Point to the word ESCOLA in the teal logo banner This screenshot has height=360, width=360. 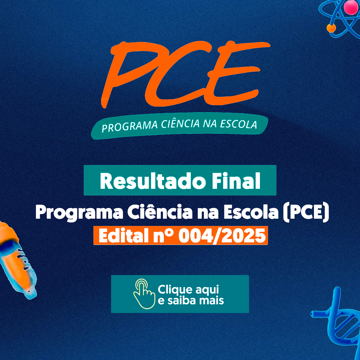[x=238, y=124]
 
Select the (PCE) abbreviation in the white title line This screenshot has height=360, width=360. [x=306, y=212]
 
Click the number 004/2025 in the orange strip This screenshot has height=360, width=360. [x=222, y=236]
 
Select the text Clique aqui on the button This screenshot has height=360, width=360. [x=188, y=290]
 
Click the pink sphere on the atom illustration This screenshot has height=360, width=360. [x=351, y=7]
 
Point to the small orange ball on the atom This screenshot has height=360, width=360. [x=331, y=28]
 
